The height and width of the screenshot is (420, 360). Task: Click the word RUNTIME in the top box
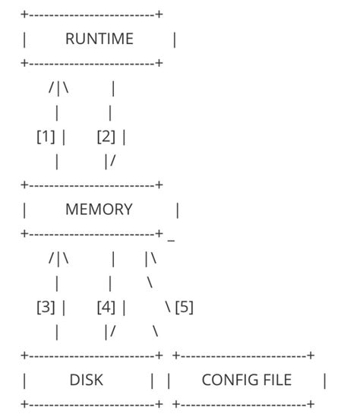click(99, 39)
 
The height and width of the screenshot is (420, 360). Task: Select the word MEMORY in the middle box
click(99, 210)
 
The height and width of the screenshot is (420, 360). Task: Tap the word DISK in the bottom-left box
click(86, 380)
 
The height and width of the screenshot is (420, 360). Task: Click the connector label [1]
click(46, 137)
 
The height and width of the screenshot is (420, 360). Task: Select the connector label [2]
click(106, 137)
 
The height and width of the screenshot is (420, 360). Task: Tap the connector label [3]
click(46, 307)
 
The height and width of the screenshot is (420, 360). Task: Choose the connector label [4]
click(106, 307)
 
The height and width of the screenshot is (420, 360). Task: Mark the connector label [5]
click(184, 307)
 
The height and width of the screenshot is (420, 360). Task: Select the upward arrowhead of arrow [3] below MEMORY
click(58, 258)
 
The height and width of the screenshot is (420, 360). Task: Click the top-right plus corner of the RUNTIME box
click(159, 14)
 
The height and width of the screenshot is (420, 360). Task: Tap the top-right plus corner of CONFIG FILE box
click(311, 355)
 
